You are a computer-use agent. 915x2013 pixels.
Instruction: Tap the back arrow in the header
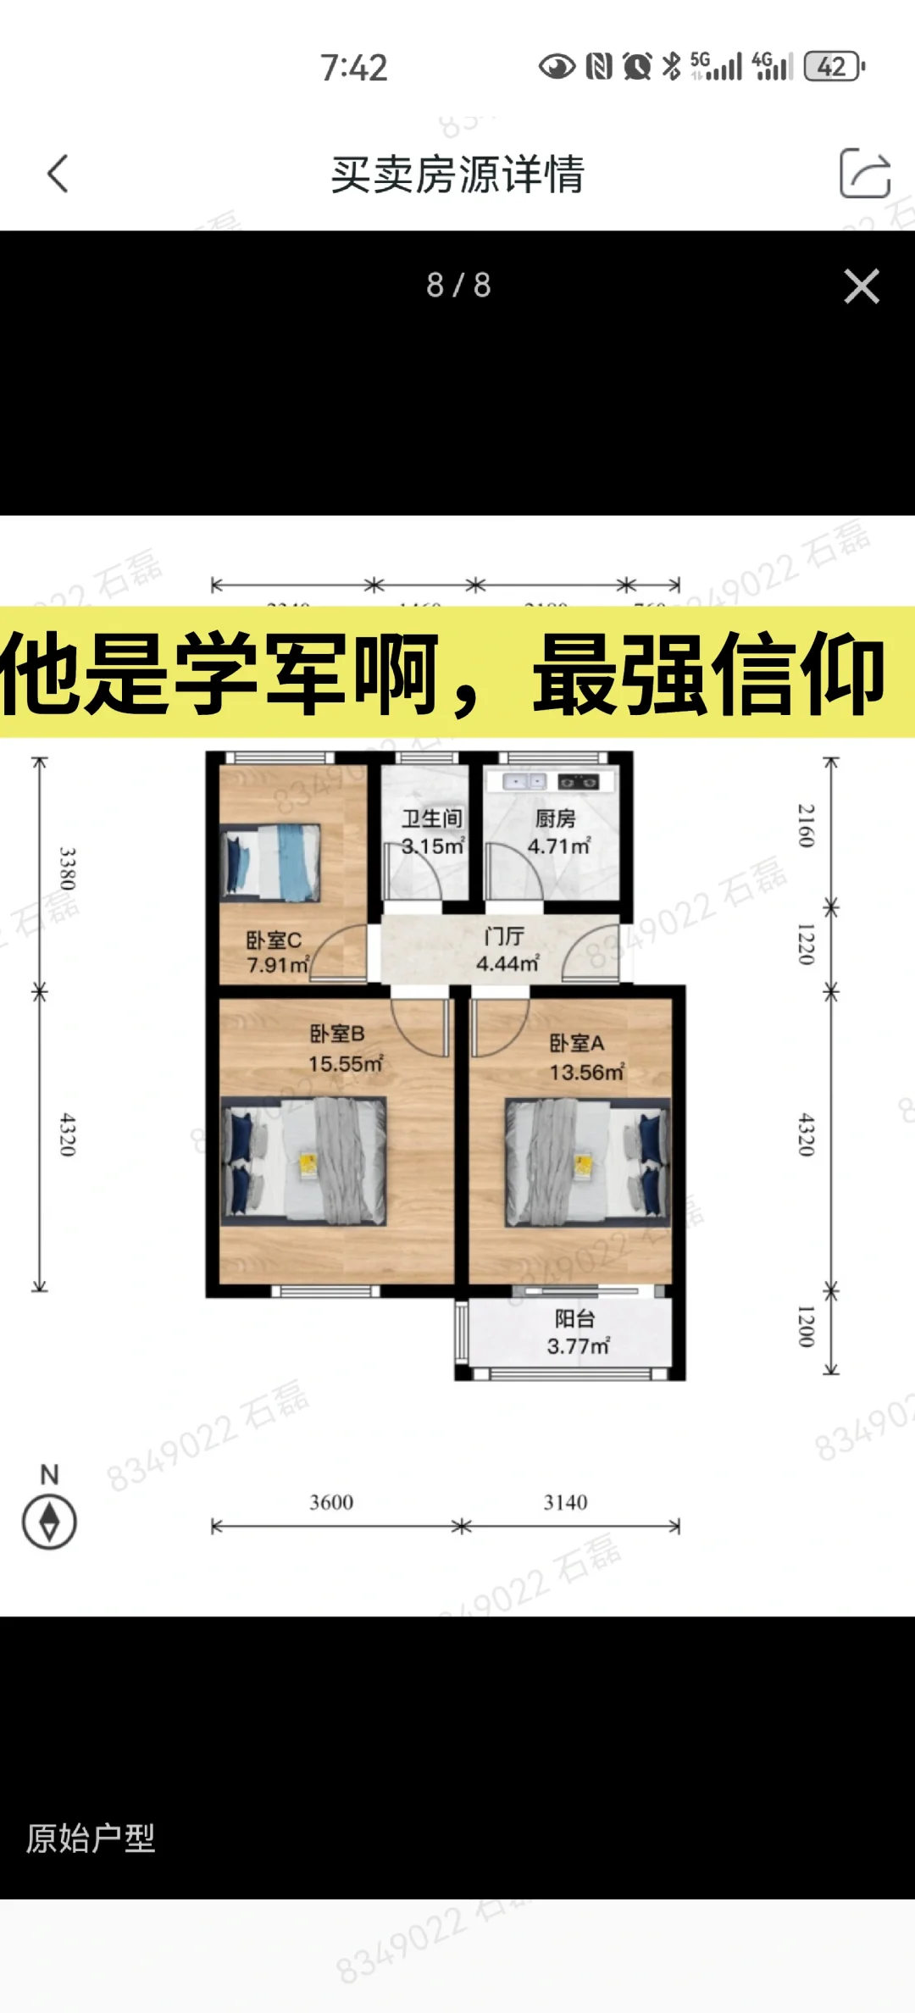pyautogui.click(x=58, y=174)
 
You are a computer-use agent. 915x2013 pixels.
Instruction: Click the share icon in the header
pyautogui.click(x=864, y=174)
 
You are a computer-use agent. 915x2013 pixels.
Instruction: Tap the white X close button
pyautogui.click(x=862, y=286)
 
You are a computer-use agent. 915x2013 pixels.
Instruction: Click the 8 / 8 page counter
pyautogui.click(x=458, y=286)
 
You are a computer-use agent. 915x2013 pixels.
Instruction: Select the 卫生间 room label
pyautogui.click(x=432, y=818)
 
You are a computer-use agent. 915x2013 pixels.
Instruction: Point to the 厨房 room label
pyautogui.click(x=556, y=818)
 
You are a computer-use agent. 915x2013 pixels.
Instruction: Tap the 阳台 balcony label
pyautogui.click(x=575, y=1318)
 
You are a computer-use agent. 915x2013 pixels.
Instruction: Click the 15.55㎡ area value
pyautogui.click(x=346, y=1064)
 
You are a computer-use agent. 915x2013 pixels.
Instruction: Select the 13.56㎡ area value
pyautogui.click(x=586, y=1073)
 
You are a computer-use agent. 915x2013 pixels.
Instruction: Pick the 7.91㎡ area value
pyautogui.click(x=278, y=965)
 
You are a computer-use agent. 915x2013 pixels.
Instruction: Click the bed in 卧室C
pyautogui.click(x=271, y=862)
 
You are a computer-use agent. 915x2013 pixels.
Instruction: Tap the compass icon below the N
pyautogui.click(x=49, y=1522)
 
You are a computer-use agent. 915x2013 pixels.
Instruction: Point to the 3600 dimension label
pyautogui.click(x=331, y=1502)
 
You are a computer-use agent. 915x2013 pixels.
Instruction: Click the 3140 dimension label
pyautogui.click(x=565, y=1502)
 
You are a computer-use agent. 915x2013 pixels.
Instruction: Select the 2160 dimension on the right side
pyautogui.click(x=806, y=826)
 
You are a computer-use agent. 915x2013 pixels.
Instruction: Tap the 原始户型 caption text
pyautogui.click(x=91, y=1838)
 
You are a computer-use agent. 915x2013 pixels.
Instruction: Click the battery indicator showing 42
pyautogui.click(x=834, y=66)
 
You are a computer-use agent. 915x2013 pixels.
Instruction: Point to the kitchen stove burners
pyautogui.click(x=579, y=782)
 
